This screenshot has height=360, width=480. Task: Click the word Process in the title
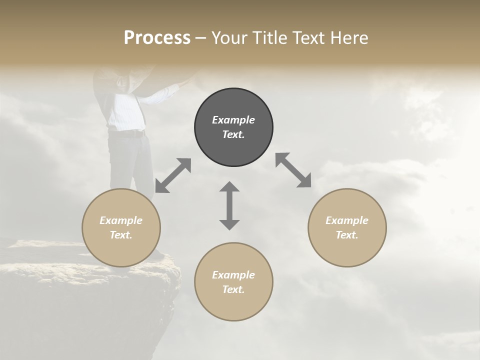pos(157,38)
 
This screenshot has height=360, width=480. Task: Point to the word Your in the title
pos(230,38)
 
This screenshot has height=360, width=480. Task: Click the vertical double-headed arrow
pos(229,205)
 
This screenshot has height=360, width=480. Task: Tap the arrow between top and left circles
pos(173,175)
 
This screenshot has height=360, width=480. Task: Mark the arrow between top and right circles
pos(293,170)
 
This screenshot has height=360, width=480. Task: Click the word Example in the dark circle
pos(233,120)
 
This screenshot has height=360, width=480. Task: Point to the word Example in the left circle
pos(121,220)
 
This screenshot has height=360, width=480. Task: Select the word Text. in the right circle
pos(347,235)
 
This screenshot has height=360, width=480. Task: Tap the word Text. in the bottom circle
pos(233,289)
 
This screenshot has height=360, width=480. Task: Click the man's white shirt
pos(125,111)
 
